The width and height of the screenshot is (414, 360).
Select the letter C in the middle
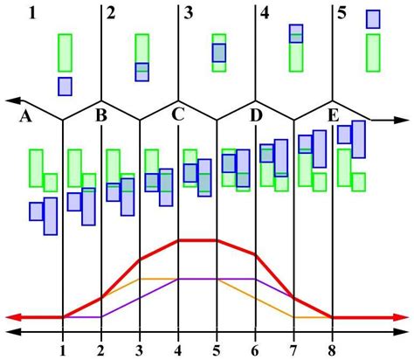pos(178,114)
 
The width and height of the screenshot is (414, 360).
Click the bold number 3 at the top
pos(189,13)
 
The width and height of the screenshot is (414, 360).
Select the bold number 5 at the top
pos(342,13)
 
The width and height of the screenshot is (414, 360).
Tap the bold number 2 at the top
pos(110,13)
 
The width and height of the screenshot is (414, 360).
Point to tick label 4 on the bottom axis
pos(178,350)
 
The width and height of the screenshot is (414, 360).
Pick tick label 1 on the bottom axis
pos(63,350)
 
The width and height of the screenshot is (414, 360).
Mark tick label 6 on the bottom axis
pos(255,350)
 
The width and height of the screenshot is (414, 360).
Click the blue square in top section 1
pos(66,86)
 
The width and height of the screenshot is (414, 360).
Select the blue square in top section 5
pos(373,19)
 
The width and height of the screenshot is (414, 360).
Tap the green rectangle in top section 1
pos(66,52)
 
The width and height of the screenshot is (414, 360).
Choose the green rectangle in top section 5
pos(373,52)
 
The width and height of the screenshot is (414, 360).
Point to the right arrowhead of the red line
pos(403,317)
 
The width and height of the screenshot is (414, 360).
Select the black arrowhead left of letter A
pos(10,100)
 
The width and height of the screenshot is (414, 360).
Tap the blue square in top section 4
pos(296,33)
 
